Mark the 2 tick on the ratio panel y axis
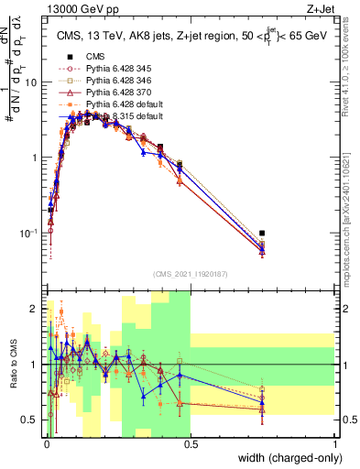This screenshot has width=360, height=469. [38, 309]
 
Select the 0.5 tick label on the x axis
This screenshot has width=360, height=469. [190, 444]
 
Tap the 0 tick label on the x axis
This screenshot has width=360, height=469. [47, 444]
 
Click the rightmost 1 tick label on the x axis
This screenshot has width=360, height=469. [335, 444]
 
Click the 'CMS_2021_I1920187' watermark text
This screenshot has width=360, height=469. [191, 273]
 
